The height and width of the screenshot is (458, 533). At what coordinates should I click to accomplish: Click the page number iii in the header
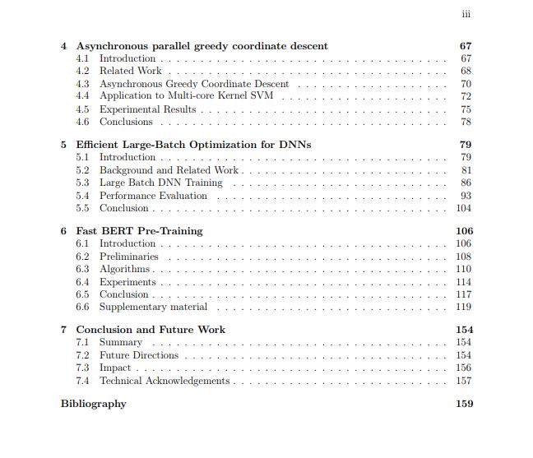click(466, 14)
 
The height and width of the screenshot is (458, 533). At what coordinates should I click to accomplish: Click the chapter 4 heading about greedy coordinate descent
click(202, 46)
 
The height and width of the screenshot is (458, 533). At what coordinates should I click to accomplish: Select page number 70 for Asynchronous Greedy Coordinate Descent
click(466, 84)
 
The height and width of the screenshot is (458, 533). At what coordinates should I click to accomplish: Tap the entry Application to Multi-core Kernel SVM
click(188, 96)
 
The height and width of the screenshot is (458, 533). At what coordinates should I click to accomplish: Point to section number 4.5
click(82, 109)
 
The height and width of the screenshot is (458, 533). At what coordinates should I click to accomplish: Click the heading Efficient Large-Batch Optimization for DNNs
click(193, 145)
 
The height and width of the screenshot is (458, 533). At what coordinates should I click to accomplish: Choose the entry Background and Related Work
click(169, 170)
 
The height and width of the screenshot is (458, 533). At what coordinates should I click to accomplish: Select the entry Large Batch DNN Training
click(160, 183)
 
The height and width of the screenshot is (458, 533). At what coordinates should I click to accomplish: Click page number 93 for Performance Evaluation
click(466, 196)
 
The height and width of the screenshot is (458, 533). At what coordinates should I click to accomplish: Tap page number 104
click(464, 208)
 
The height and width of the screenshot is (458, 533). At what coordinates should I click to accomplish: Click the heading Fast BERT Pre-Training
click(139, 231)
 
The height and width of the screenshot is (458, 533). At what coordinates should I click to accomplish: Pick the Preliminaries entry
click(129, 257)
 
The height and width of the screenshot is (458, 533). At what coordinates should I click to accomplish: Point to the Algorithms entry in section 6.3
click(124, 269)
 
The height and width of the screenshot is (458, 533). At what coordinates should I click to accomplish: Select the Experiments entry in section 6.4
click(127, 282)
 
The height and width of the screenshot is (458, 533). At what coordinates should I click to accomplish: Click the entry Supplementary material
click(153, 307)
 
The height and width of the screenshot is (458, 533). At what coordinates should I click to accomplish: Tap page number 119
click(464, 307)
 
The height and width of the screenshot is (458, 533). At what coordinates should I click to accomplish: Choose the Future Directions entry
click(138, 355)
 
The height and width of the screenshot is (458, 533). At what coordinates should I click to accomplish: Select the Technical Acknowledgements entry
click(165, 381)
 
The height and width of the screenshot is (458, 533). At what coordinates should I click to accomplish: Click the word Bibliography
click(94, 404)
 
